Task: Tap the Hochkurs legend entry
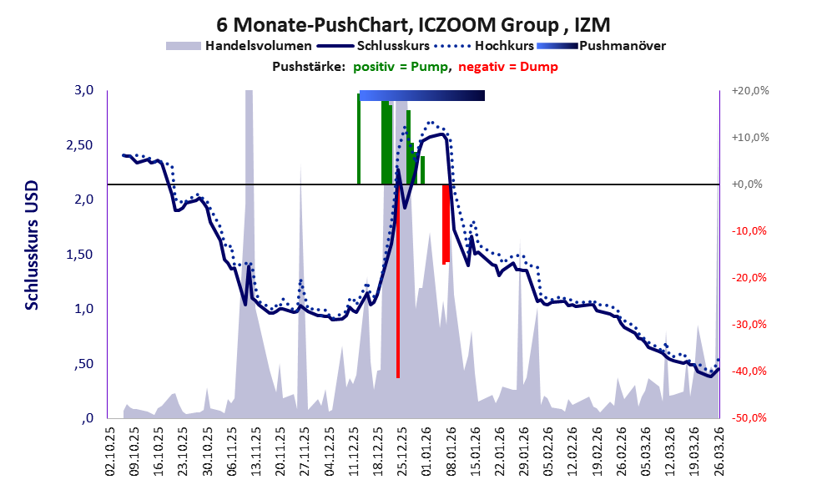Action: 500,46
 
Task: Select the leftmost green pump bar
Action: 359,139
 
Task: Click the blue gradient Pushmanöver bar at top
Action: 421,96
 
